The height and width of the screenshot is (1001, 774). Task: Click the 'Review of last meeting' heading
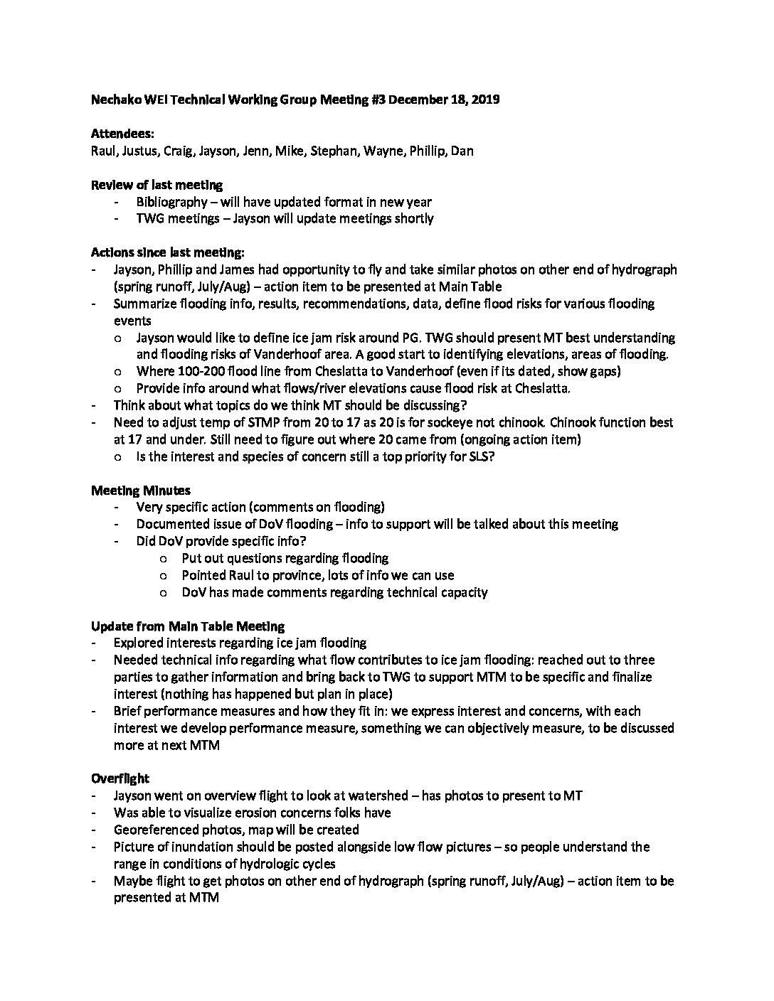click(x=157, y=185)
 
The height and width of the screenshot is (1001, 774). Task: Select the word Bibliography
click(x=171, y=202)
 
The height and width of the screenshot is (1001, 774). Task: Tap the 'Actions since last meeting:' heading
click(x=167, y=252)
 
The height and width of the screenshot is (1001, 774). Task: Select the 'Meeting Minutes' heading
click(x=140, y=490)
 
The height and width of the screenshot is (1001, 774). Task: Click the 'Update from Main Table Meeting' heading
click(x=188, y=626)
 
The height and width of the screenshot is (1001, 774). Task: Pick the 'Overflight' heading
click(x=120, y=778)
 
